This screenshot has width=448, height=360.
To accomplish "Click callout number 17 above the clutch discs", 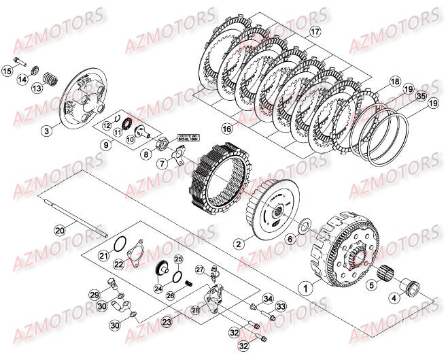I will click(314, 32).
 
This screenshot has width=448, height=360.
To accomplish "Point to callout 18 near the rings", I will click(394, 82).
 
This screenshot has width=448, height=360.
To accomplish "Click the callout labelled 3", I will click(46, 130).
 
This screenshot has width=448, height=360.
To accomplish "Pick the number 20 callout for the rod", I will click(60, 231).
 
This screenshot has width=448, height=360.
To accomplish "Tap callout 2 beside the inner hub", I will click(238, 243).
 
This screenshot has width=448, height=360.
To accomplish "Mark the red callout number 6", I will click(289, 239).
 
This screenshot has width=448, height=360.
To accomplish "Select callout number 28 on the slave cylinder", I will click(196, 310).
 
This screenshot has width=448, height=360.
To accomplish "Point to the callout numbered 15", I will click(8, 70).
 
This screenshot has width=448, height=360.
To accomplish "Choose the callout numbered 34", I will click(267, 298).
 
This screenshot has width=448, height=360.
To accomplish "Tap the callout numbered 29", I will click(94, 295).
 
